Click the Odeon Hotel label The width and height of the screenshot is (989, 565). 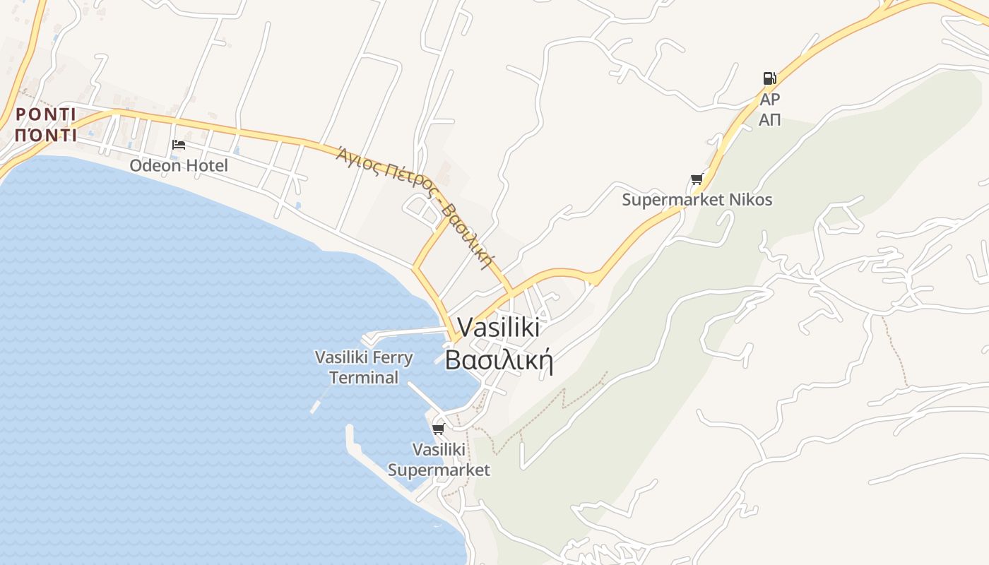[179, 165]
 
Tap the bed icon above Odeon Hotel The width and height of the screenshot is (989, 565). [179, 145]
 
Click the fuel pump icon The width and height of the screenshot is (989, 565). [769, 78]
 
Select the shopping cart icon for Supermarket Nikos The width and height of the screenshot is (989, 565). [697, 179]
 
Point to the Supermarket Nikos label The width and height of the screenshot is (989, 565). [697, 200]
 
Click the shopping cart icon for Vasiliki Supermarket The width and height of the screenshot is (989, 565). [438, 429]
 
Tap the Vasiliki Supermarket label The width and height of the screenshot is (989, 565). [439, 460]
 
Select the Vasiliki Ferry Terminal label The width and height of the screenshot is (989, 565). [364, 367]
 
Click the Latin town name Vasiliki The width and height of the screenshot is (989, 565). [499, 327]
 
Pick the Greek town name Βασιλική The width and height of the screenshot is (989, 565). [498, 360]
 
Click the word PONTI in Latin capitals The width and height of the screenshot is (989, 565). [45, 114]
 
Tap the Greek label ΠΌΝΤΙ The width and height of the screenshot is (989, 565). [45, 135]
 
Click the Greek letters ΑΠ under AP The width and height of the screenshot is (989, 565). [769, 120]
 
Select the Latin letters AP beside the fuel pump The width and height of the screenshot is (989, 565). [769, 100]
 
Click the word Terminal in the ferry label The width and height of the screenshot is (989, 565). [364, 378]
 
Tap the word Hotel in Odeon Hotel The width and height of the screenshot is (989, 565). [206, 165]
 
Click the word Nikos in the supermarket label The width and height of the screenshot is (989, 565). [750, 200]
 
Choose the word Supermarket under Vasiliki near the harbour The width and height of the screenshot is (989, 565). [439, 470]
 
